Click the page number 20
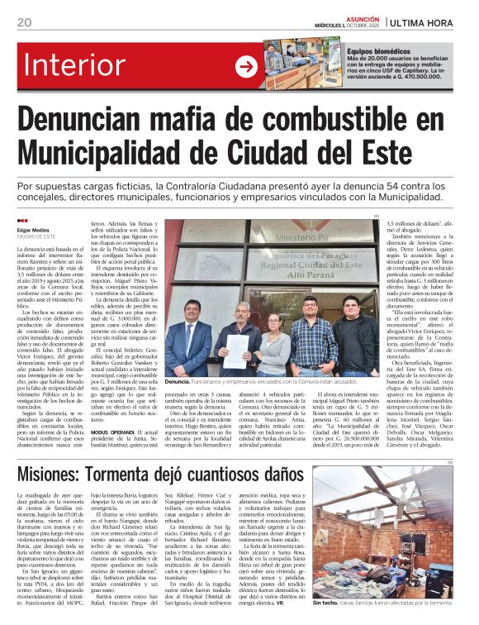click(23, 22)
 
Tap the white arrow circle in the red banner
click(246, 67)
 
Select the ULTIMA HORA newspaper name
click(422, 22)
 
